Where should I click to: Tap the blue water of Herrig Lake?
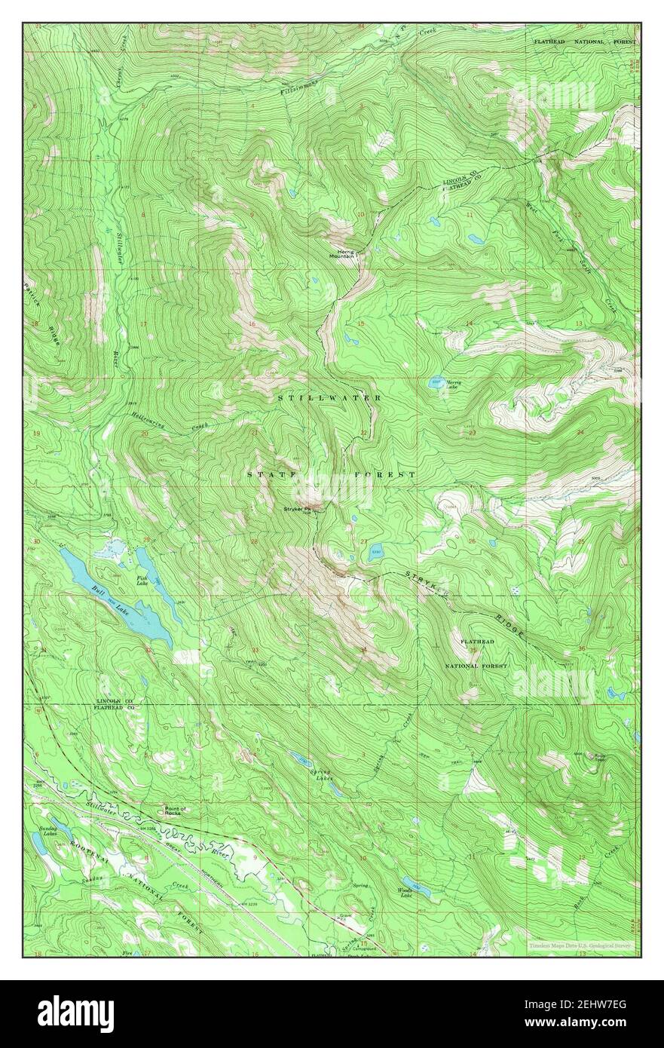tap(436, 382)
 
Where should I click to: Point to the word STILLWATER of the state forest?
tap(329, 397)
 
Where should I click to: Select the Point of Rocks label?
tap(176, 811)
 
